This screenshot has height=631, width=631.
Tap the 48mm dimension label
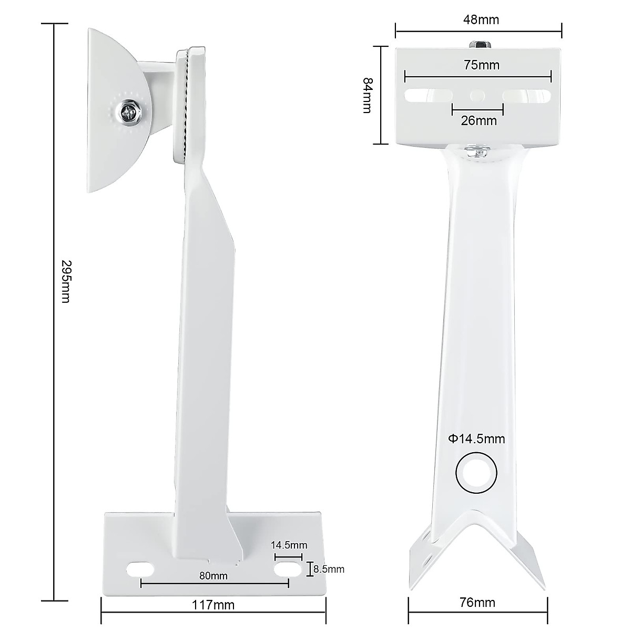pyautogui.click(x=481, y=20)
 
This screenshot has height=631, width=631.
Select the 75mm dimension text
pyautogui.click(x=481, y=65)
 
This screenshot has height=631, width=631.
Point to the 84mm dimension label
pyautogui.click(x=367, y=95)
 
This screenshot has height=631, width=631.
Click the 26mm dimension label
pyautogui.click(x=479, y=120)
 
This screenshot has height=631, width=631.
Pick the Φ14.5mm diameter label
pyautogui.click(x=476, y=439)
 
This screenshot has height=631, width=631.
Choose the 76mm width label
pyautogui.click(x=477, y=603)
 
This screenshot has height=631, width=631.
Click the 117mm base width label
pyautogui.click(x=213, y=605)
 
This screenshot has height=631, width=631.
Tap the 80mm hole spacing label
pyautogui.click(x=213, y=575)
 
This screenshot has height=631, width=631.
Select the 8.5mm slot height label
pyautogui.click(x=329, y=568)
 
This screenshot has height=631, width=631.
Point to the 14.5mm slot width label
pyautogui.click(x=289, y=545)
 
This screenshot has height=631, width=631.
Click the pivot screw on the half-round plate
pyautogui.click(x=129, y=112)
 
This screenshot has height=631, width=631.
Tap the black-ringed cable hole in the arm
pyautogui.click(x=476, y=472)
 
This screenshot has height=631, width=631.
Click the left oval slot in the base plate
pyautogui.click(x=140, y=568)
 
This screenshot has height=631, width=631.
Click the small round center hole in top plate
pyautogui.click(x=477, y=96)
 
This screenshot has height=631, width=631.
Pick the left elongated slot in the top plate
pyautogui.click(x=429, y=96)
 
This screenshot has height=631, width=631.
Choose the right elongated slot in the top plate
pyautogui.click(x=526, y=96)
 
